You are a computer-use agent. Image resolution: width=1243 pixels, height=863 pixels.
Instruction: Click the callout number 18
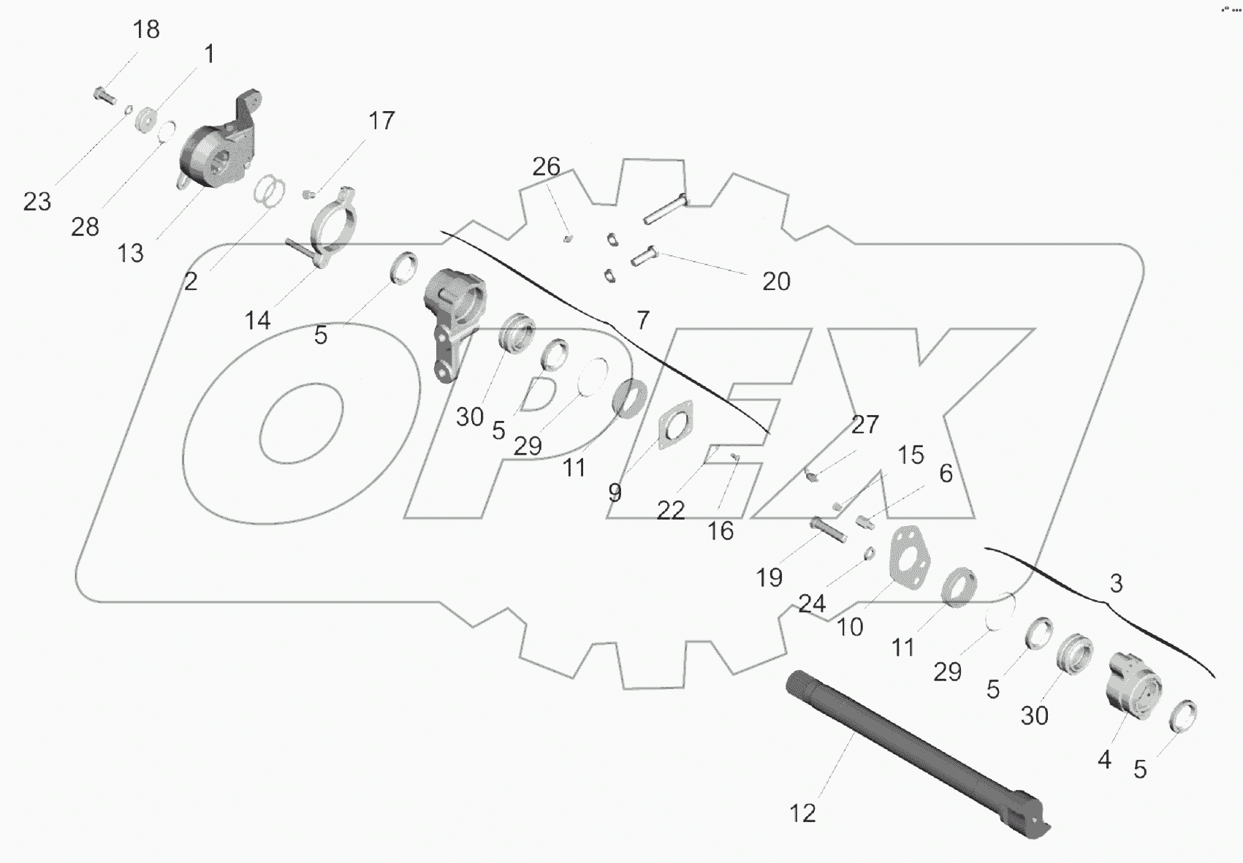tap(146, 30)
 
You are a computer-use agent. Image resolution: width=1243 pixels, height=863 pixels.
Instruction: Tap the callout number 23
tap(37, 202)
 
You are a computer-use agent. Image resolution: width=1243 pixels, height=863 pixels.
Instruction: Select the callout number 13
tap(131, 254)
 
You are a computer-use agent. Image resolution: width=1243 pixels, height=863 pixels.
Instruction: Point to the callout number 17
tap(381, 121)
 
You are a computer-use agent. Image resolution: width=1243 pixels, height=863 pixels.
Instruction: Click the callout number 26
tap(546, 167)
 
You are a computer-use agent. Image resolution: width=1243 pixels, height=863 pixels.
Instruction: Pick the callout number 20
tap(776, 281)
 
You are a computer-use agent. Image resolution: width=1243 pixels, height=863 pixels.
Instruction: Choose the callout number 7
tap(642, 320)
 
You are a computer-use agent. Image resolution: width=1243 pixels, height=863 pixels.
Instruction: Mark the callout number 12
tap(802, 813)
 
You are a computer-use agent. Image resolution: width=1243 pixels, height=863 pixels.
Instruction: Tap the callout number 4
tap(1104, 760)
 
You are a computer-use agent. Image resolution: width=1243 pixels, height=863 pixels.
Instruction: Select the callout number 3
tap(1116, 584)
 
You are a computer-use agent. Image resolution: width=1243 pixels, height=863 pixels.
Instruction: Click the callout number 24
tap(812, 604)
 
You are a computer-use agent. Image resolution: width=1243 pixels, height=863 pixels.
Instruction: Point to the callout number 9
tap(615, 493)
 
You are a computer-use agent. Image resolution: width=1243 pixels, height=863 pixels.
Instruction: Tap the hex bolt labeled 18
tap(104, 95)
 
